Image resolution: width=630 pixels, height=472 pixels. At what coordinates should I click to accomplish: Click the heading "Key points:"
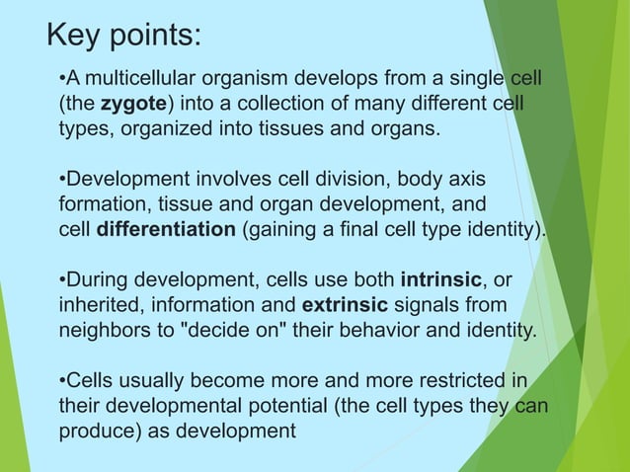(124, 36)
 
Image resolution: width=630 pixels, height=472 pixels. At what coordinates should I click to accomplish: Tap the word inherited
(98, 303)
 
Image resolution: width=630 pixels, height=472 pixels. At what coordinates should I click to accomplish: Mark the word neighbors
(102, 329)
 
